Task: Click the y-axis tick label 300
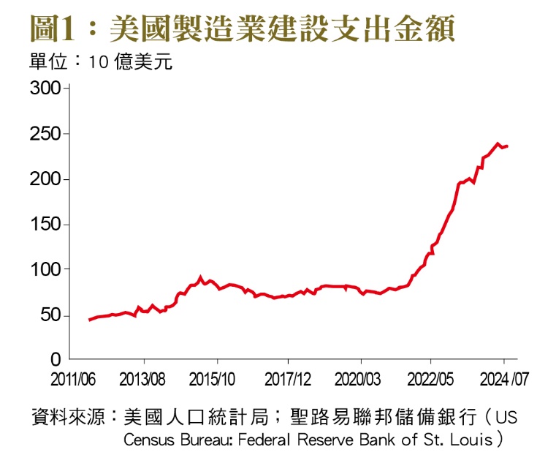pos(45,89)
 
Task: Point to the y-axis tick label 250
pos(45,135)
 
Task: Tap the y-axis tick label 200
pos(45,180)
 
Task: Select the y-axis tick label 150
pos(45,225)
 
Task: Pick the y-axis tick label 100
pos(45,271)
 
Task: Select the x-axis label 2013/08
pos(143,380)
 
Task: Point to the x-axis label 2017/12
pos(288,380)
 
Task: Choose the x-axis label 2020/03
pos(360,380)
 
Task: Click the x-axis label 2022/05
pos(431,380)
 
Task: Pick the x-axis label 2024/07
pos(504,380)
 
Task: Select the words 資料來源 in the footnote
pos(66,418)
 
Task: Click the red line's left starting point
pos(89,320)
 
